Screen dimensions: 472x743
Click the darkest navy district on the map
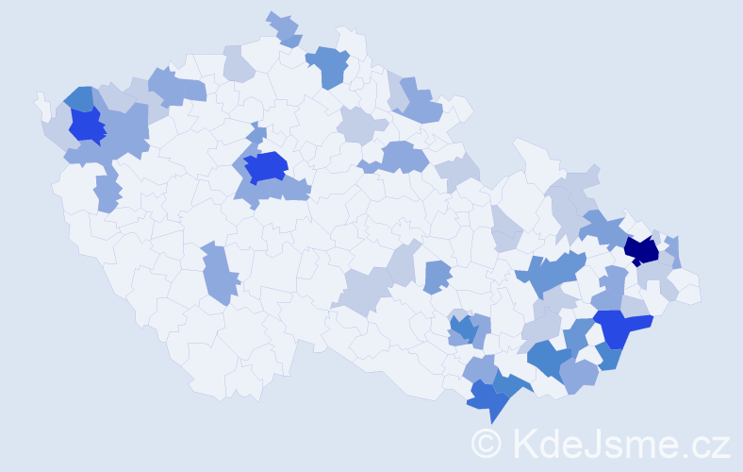(642, 250)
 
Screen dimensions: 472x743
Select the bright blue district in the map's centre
(266, 166)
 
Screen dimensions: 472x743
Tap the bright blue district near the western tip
(87, 126)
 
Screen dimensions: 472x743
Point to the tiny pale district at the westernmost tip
(41, 100)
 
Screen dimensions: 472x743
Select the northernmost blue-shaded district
(284, 29)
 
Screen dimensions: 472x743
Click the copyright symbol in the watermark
(487, 442)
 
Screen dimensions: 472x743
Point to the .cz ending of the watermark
(703, 442)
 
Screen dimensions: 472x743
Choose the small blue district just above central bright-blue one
(256, 135)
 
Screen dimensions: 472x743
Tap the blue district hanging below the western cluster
(107, 194)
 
